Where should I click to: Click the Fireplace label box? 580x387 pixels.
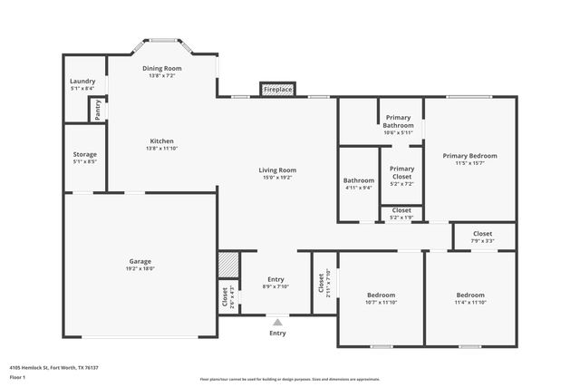click(x=278, y=90)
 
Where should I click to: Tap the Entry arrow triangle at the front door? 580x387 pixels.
click(x=277, y=320)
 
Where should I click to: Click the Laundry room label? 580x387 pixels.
click(x=82, y=81)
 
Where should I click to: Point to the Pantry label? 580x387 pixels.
click(x=97, y=110)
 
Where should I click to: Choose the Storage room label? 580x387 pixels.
click(x=85, y=154)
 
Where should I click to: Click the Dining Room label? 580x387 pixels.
click(x=162, y=68)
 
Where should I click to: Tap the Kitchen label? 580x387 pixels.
click(x=162, y=140)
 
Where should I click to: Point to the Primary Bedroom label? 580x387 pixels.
click(x=469, y=156)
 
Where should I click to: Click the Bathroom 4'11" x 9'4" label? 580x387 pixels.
click(x=358, y=180)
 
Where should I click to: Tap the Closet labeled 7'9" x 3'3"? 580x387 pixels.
click(x=483, y=234)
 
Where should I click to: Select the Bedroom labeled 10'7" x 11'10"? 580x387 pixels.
click(x=382, y=295)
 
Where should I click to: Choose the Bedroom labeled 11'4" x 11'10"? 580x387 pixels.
click(x=469, y=295)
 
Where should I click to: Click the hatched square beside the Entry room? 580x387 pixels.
click(x=227, y=265)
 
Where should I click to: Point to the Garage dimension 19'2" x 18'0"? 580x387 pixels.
click(x=140, y=268)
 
